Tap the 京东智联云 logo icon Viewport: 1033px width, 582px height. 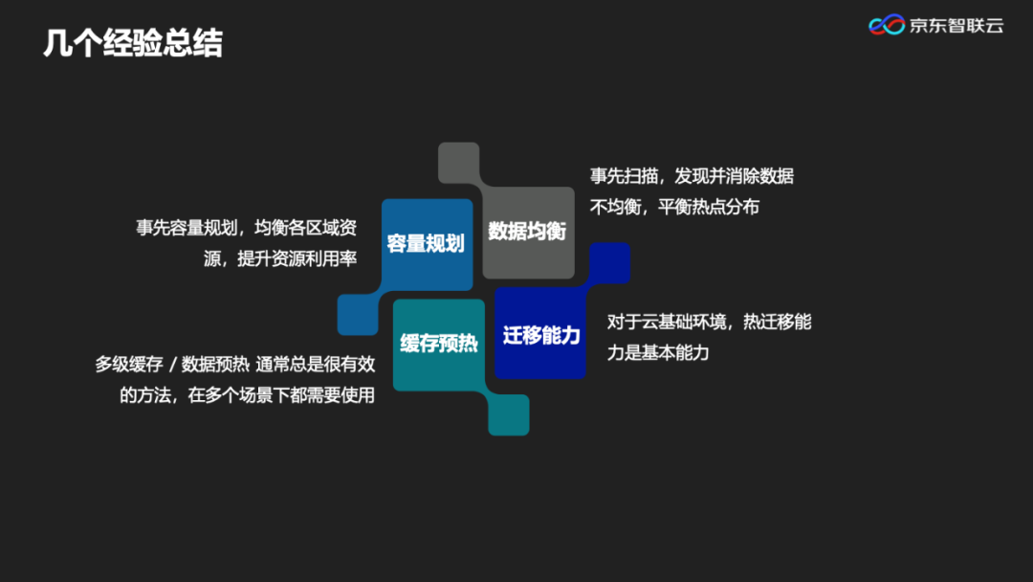tap(887, 25)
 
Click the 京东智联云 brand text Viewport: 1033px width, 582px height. tap(956, 26)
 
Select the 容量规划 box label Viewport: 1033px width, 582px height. tap(426, 243)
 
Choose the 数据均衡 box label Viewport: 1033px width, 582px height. tap(527, 231)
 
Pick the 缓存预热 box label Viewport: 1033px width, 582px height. tap(438, 343)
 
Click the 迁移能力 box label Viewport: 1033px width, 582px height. tap(541, 335)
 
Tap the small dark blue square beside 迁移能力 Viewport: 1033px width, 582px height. tap(609, 262)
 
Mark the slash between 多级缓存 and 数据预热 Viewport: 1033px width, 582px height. tap(172, 364)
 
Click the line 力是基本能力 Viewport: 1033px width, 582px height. tap(658, 352)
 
